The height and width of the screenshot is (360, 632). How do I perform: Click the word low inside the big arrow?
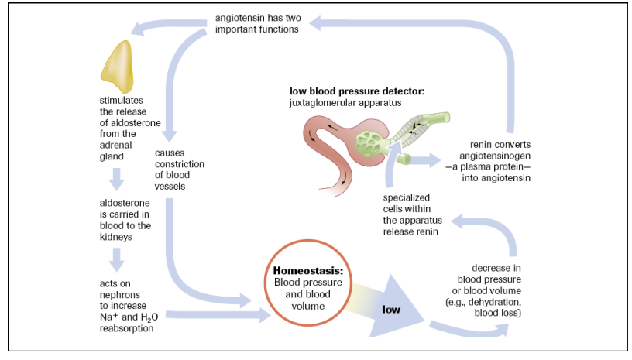click(x=391, y=310)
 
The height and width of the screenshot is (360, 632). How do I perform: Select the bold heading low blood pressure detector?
click(x=357, y=91)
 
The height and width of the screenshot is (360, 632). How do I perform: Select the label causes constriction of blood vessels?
click(x=179, y=170)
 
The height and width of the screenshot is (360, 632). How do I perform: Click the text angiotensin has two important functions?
click(x=256, y=23)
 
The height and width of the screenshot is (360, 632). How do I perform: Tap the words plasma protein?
click(x=494, y=166)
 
